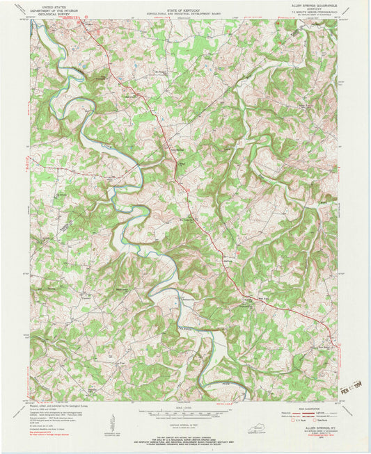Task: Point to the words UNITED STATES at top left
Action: pos(55,5)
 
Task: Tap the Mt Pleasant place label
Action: pos(161,70)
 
